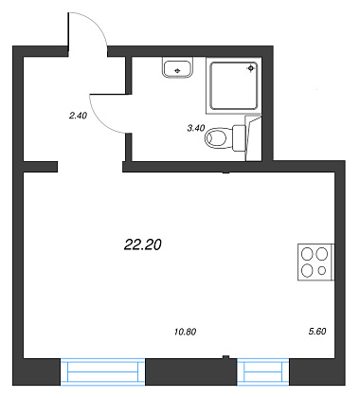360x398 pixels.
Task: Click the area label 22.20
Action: (x=143, y=244)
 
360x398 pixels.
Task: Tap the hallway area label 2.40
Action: (x=78, y=116)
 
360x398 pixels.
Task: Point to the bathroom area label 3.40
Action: (x=196, y=128)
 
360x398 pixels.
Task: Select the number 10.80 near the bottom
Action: (x=185, y=332)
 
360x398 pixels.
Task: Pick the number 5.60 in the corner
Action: (x=317, y=331)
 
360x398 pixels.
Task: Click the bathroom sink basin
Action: (x=178, y=67)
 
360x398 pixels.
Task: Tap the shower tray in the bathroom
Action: (x=234, y=85)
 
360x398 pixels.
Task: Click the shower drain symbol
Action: (x=251, y=68)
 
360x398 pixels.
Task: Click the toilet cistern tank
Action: (x=239, y=138)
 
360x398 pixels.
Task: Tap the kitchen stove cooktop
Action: (x=315, y=262)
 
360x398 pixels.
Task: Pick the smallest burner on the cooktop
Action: (x=322, y=271)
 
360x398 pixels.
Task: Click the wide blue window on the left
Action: (x=102, y=371)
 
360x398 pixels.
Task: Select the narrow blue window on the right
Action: (x=263, y=371)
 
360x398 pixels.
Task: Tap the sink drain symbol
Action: (x=177, y=71)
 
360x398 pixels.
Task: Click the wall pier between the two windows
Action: (x=191, y=371)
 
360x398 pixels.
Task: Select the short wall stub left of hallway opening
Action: (x=41, y=167)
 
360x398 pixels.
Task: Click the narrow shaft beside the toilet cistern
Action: (x=254, y=138)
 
